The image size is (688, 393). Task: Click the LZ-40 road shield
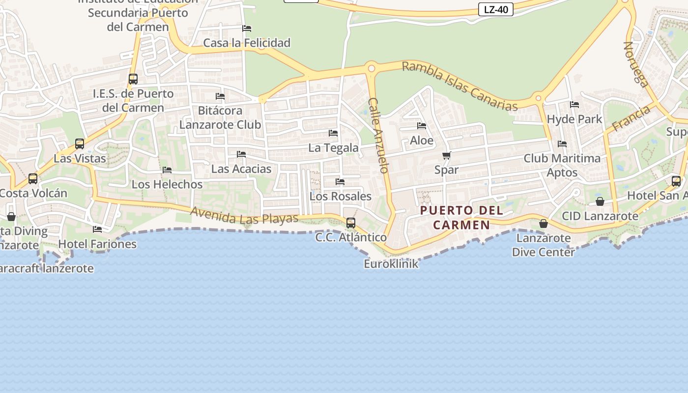click(x=495, y=9)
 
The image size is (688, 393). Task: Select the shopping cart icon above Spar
click(x=446, y=156)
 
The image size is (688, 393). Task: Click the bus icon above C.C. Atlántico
click(x=351, y=223)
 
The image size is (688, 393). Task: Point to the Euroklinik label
click(x=391, y=264)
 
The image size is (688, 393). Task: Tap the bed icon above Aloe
click(x=421, y=126)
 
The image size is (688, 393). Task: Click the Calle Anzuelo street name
click(x=378, y=135)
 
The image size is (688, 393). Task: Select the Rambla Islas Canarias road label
click(x=460, y=86)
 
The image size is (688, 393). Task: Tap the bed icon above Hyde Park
click(x=574, y=105)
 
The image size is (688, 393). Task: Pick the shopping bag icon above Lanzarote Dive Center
click(x=543, y=224)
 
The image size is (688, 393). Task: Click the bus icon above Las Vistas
click(x=80, y=144)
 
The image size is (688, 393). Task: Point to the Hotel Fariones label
click(x=97, y=244)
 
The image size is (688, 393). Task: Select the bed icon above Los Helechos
click(x=167, y=170)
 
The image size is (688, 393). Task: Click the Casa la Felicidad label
click(x=247, y=43)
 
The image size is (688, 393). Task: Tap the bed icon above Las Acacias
click(x=241, y=154)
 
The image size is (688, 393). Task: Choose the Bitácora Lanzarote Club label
click(x=220, y=117)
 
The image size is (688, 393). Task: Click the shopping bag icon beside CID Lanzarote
click(x=600, y=201)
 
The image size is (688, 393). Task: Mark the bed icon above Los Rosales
click(x=340, y=182)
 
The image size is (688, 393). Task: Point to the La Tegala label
click(x=333, y=148)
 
